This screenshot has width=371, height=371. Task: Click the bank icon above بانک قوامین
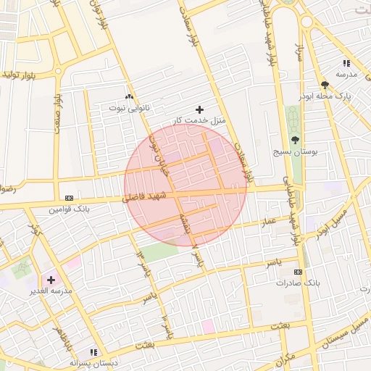(x=69, y=198)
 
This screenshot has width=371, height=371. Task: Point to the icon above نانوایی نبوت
(x=130, y=96)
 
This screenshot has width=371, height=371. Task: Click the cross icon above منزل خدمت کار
(x=200, y=109)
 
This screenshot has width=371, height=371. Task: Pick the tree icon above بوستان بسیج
(x=295, y=140)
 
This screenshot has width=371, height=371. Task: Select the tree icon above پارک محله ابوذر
(x=324, y=85)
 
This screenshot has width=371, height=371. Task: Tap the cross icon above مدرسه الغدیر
(x=51, y=279)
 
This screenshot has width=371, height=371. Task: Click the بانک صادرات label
(x=297, y=282)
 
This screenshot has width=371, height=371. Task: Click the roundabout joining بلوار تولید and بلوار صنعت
(x=58, y=72)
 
